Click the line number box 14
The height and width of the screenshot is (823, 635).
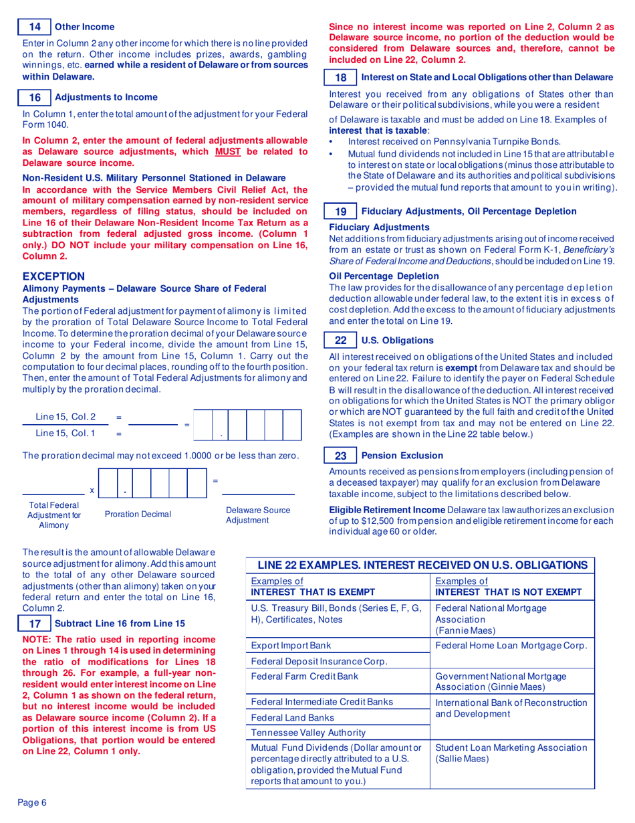[x=35, y=27]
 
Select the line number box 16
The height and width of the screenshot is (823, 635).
[x=35, y=97]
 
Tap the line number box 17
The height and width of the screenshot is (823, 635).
[x=35, y=623]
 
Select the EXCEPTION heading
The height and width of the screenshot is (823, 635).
[x=53, y=276]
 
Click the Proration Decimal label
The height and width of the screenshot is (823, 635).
[x=138, y=514]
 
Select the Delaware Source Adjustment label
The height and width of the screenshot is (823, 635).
[x=258, y=515]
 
